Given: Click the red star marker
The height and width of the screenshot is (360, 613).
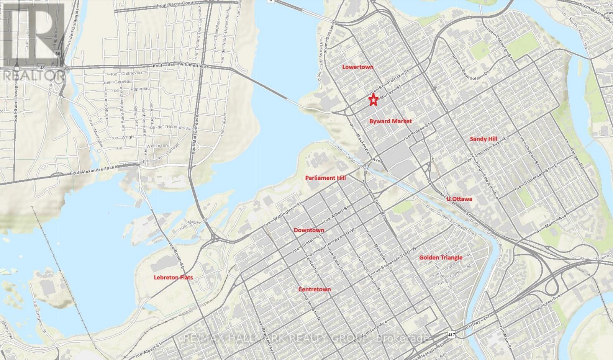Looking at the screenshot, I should pos(374,100).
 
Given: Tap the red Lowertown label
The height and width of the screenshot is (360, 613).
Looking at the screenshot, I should pos(357,67).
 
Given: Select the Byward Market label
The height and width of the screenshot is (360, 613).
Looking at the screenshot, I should pos(390,121).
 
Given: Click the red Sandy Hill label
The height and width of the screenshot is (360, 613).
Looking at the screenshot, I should pos(484,139).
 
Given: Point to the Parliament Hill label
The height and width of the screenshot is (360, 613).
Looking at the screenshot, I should pos(325,178).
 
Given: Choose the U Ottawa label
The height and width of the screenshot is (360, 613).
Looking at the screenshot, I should pos(459,199).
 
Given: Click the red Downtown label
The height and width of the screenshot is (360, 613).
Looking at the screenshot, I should pos(309,230).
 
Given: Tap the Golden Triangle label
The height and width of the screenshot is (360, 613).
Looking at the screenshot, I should pos(441,257).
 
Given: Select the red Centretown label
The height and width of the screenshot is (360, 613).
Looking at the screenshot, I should pos(314,289).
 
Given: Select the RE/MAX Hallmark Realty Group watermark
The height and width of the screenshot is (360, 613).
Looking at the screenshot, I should pos(306,339).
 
